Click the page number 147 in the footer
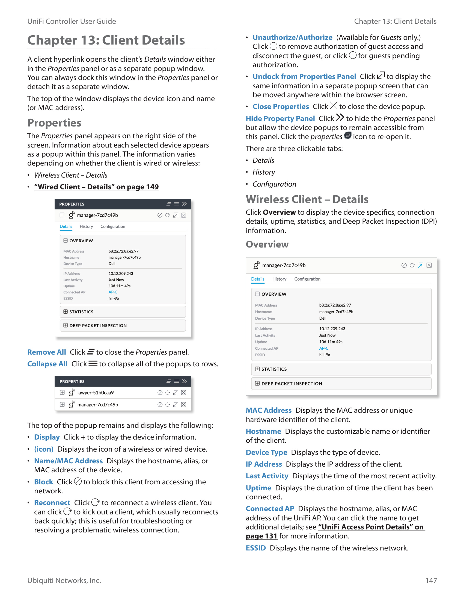click(431, 580)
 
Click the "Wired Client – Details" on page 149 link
click(96, 187)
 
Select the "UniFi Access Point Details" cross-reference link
click(371, 527)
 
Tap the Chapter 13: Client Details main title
click(106, 40)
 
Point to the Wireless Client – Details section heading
click(307, 199)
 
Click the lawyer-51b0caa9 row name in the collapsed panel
click(95, 393)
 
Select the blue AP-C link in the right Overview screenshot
click(323, 348)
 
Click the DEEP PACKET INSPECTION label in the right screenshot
click(292, 384)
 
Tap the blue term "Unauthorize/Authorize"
click(292, 37)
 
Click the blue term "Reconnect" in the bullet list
click(52, 503)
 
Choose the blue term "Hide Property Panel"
click(280, 119)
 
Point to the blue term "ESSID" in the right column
click(255, 548)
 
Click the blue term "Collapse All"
click(47, 364)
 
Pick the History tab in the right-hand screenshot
click(279, 279)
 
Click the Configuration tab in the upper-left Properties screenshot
click(113, 226)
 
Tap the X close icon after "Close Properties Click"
click(334, 106)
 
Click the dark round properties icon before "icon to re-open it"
click(348, 135)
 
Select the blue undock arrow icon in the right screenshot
click(421, 265)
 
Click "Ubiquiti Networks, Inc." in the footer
click(64, 580)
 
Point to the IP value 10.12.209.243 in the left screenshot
click(121, 273)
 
